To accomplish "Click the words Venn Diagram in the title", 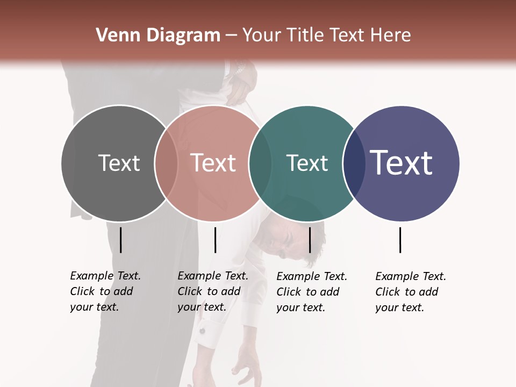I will point(158,35).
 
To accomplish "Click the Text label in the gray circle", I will point(119,163).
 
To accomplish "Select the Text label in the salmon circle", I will point(213,163).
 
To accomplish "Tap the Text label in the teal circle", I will point(307,163).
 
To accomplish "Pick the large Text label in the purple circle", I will point(401,163).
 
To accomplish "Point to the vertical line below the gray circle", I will point(120,240).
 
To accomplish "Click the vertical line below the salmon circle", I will point(215,240).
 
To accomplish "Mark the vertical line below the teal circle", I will point(310,240).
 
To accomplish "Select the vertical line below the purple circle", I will point(400,240).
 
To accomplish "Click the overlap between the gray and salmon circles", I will point(166,163).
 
